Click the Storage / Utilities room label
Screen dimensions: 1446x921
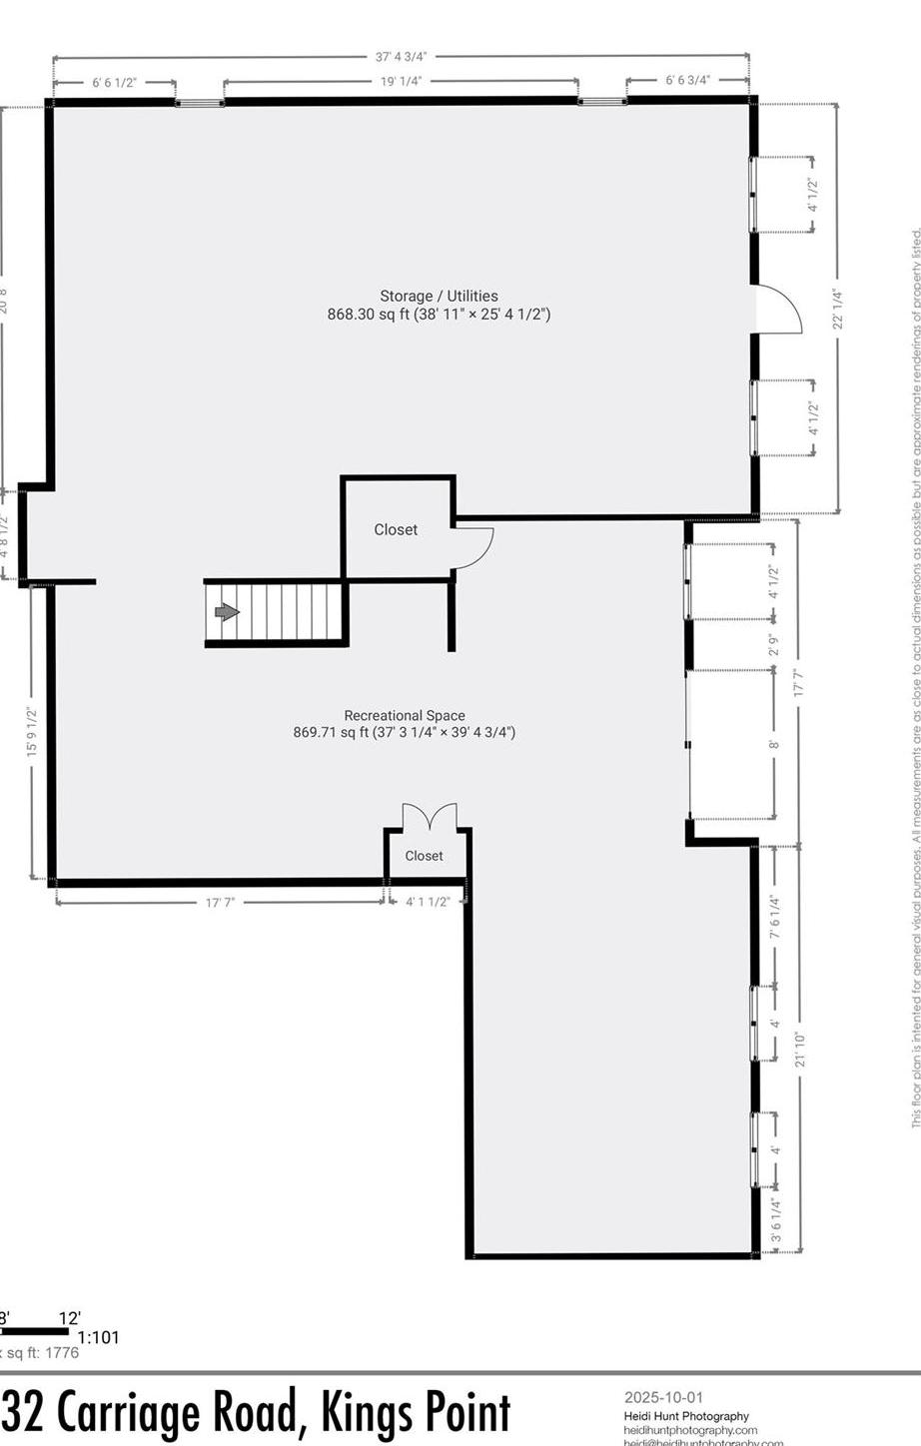[x=439, y=296]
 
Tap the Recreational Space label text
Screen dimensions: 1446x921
[x=404, y=715]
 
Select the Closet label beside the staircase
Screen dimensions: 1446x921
[x=396, y=529]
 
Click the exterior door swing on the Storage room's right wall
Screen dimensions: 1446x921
[x=781, y=310]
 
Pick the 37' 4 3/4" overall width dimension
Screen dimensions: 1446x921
[x=402, y=57]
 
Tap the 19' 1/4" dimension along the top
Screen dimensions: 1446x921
[x=401, y=82]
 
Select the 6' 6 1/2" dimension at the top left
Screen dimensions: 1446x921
[x=114, y=82]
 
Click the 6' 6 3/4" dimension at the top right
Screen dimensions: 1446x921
[x=687, y=80]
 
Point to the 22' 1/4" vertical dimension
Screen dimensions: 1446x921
[x=838, y=308]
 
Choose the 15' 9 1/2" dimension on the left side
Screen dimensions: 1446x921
[x=32, y=731]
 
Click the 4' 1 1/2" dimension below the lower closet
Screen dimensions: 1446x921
[x=428, y=902]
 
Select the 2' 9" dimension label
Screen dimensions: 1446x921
[x=773, y=645]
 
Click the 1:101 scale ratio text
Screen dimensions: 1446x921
[x=98, y=1337]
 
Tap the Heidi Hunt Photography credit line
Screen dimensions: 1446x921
[x=686, y=1416]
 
